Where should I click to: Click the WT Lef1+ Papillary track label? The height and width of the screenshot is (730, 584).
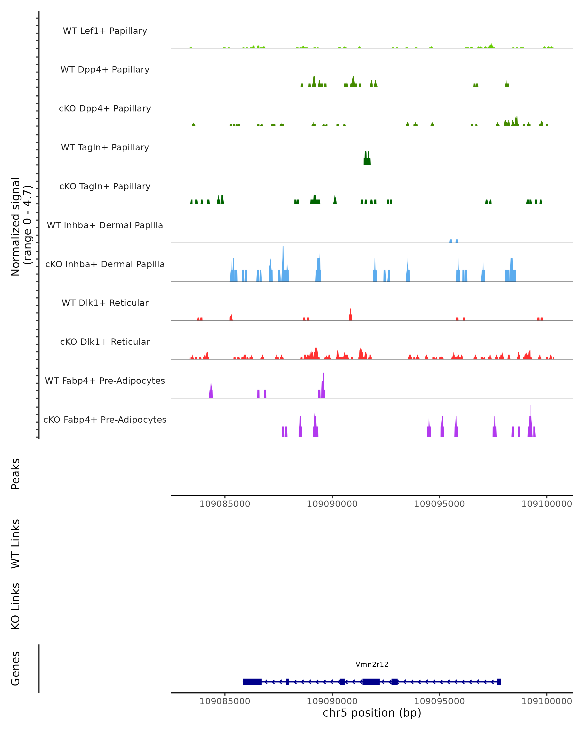tap(105, 31)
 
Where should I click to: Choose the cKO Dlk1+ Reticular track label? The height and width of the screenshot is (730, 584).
tap(105, 342)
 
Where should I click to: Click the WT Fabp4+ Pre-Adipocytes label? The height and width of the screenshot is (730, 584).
tap(105, 381)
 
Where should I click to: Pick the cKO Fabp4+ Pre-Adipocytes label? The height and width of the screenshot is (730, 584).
tap(105, 420)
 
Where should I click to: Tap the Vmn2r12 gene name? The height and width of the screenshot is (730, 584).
tap(372, 664)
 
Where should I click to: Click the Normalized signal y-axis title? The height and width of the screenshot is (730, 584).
tap(21, 226)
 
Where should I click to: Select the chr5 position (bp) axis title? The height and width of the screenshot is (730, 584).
tap(372, 713)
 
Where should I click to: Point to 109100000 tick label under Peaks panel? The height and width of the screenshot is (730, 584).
tap(547, 504)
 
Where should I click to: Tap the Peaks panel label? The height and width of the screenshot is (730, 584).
tap(16, 474)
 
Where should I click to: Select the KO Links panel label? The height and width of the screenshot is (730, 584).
tap(16, 606)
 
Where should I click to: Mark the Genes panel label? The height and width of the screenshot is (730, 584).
tap(16, 668)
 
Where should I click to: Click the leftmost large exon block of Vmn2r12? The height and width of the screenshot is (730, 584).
tap(252, 682)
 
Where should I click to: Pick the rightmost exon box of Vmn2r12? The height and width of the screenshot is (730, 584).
tap(499, 682)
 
